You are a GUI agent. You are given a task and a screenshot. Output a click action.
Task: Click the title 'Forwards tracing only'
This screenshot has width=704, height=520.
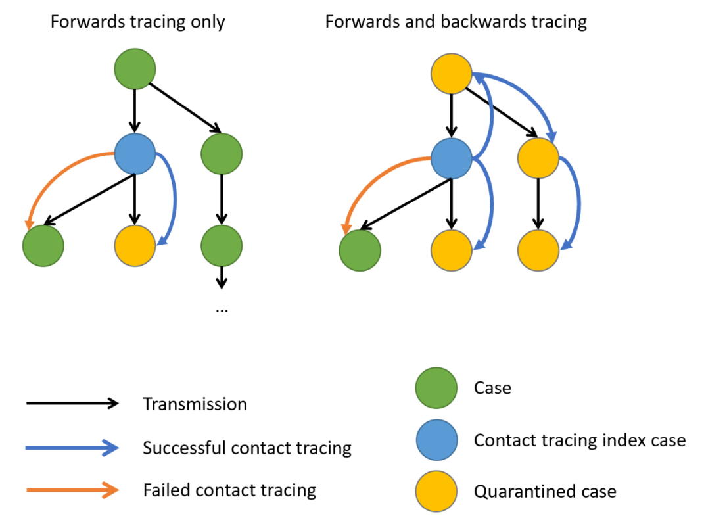pyautogui.click(x=137, y=22)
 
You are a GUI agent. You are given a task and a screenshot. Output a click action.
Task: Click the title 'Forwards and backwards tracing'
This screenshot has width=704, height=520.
pyautogui.click(x=456, y=22)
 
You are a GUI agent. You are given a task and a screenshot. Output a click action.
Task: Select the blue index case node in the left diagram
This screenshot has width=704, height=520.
pyautogui.click(x=135, y=155)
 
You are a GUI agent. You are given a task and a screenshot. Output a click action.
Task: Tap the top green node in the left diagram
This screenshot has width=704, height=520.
pyautogui.click(x=135, y=68)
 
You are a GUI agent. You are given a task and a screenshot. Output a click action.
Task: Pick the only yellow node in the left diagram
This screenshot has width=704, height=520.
pyautogui.click(x=135, y=246)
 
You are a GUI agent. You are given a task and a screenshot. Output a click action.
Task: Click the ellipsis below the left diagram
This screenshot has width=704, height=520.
pyautogui.click(x=222, y=308)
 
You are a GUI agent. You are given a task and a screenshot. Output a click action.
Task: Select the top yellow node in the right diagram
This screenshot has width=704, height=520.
pyautogui.click(x=452, y=73)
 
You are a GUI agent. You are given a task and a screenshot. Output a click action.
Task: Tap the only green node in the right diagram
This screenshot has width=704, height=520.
pyautogui.click(x=360, y=250)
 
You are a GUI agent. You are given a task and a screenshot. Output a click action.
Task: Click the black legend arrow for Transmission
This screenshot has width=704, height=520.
pyautogui.click(x=72, y=403)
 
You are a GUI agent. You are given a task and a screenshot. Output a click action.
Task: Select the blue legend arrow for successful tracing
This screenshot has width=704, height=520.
pyautogui.click(x=72, y=448)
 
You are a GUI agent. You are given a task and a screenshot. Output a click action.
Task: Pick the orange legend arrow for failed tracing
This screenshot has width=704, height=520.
pyautogui.click(x=72, y=490)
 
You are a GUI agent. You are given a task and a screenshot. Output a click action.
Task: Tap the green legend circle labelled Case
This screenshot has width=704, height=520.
pyautogui.click(x=436, y=389)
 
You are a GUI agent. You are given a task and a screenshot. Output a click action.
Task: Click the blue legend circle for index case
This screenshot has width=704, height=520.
pyautogui.click(x=436, y=440)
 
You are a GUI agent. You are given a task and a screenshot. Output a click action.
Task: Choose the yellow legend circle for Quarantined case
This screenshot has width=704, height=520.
pyautogui.click(x=436, y=491)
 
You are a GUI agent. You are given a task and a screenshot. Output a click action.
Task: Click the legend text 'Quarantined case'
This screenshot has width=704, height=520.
pyautogui.click(x=545, y=491)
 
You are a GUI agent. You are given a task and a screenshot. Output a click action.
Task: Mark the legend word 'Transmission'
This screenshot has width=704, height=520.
pyautogui.click(x=195, y=404)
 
